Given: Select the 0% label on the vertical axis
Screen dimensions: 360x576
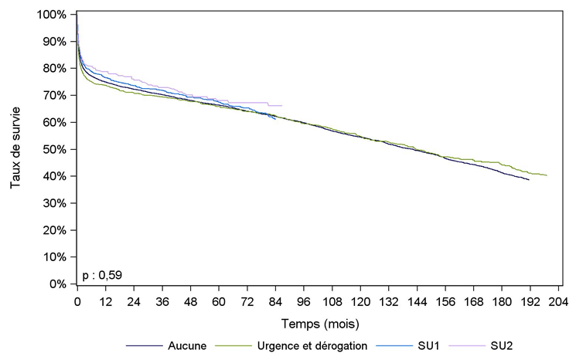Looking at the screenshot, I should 57,284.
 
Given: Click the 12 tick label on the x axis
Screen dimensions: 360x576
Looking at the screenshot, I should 105,301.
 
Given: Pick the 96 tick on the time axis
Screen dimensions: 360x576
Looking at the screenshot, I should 304,301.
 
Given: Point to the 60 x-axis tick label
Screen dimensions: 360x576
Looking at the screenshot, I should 219,301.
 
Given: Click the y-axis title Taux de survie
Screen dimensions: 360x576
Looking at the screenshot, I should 16,149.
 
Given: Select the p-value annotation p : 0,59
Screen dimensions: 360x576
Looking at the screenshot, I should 102,273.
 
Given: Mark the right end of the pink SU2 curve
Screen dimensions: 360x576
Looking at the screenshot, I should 282,105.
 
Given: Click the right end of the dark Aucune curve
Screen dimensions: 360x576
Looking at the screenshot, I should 529,179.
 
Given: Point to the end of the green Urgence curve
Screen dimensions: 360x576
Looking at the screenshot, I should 547,175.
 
